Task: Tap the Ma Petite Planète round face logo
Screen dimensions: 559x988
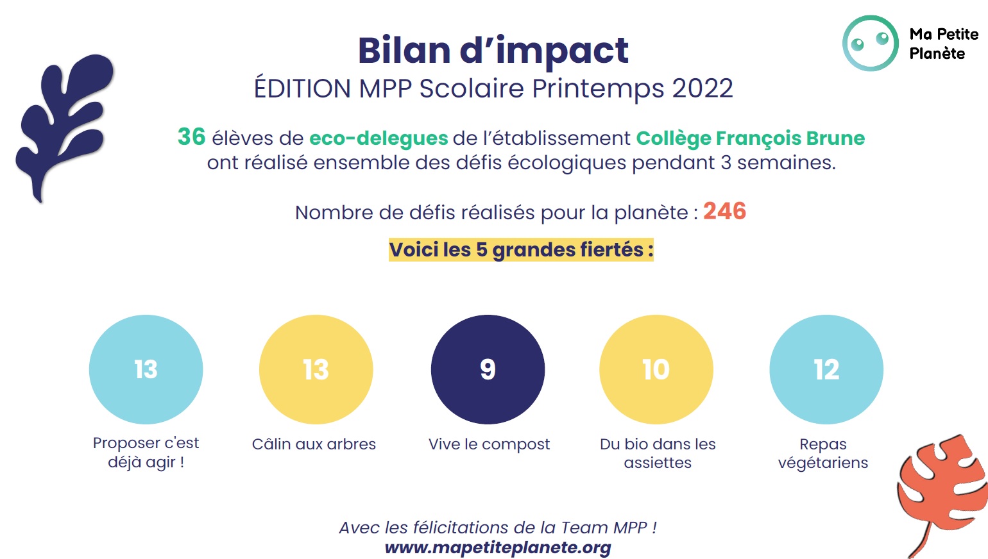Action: (x=870, y=43)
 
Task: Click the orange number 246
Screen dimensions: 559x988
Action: (x=724, y=211)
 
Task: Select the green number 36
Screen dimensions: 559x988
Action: (x=191, y=137)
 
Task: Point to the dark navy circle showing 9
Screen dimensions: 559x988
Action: (x=488, y=369)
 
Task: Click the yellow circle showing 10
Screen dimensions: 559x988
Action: (x=656, y=369)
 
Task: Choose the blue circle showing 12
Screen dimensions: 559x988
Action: (x=826, y=369)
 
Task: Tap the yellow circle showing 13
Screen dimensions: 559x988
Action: (x=316, y=369)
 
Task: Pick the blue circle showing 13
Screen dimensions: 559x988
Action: (x=146, y=369)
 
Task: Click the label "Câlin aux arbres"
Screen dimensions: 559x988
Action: (x=314, y=444)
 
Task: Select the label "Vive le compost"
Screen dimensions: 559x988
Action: (x=489, y=444)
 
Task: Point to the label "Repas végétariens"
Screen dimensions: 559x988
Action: (x=822, y=453)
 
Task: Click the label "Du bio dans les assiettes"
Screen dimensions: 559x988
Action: (x=658, y=453)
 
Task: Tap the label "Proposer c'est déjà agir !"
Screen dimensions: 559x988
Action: (x=146, y=452)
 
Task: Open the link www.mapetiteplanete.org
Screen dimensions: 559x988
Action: (x=498, y=547)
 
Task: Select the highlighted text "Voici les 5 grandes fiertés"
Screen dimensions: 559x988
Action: (x=521, y=249)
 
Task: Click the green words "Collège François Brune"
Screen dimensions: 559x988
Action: (x=750, y=138)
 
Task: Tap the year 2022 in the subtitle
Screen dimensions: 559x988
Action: (x=703, y=88)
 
